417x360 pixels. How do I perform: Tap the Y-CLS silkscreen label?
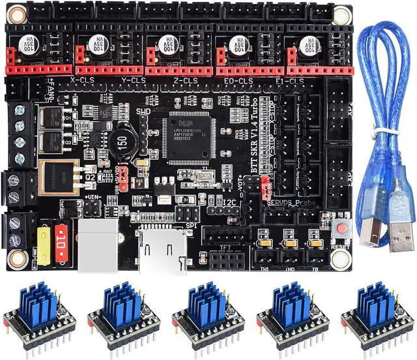coord(134,80)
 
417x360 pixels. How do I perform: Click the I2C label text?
coord(229,203)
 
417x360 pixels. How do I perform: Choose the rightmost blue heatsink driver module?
coord(377,311)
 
